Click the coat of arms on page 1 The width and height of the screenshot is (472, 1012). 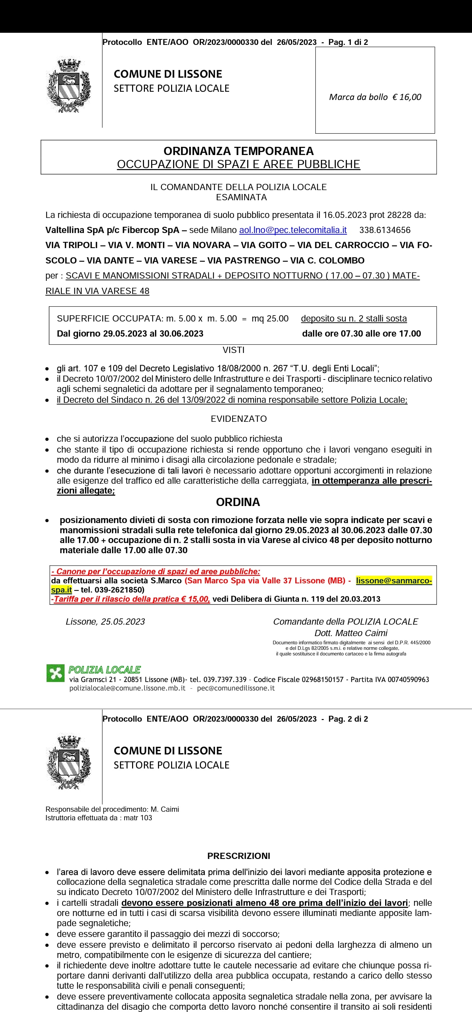pyautogui.click(x=69, y=86)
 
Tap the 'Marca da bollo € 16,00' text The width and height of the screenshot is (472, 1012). pyautogui.click(x=375, y=97)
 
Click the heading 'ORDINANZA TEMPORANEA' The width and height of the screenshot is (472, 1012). pyautogui.click(x=239, y=151)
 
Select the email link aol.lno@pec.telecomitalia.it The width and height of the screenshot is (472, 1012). pyautogui.click(x=293, y=230)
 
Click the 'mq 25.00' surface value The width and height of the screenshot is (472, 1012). pyautogui.click(x=270, y=318)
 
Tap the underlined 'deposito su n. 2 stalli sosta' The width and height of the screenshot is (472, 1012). pyautogui.click(x=354, y=318)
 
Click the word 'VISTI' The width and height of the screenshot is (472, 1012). pyautogui.click(x=233, y=350)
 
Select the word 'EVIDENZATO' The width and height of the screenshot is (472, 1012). pyautogui.click(x=239, y=419)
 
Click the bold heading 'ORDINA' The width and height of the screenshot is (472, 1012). pyautogui.click(x=238, y=502)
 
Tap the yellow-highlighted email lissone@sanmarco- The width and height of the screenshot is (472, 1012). pyautogui.click(x=394, y=581)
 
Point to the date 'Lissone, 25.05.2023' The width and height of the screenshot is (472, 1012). pyautogui.click(x=105, y=621)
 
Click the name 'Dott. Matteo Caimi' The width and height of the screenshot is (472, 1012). pyautogui.click(x=351, y=633)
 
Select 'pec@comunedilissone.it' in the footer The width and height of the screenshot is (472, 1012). pyautogui.click(x=236, y=688)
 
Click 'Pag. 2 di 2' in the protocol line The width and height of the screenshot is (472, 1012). pyautogui.click(x=348, y=719)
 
